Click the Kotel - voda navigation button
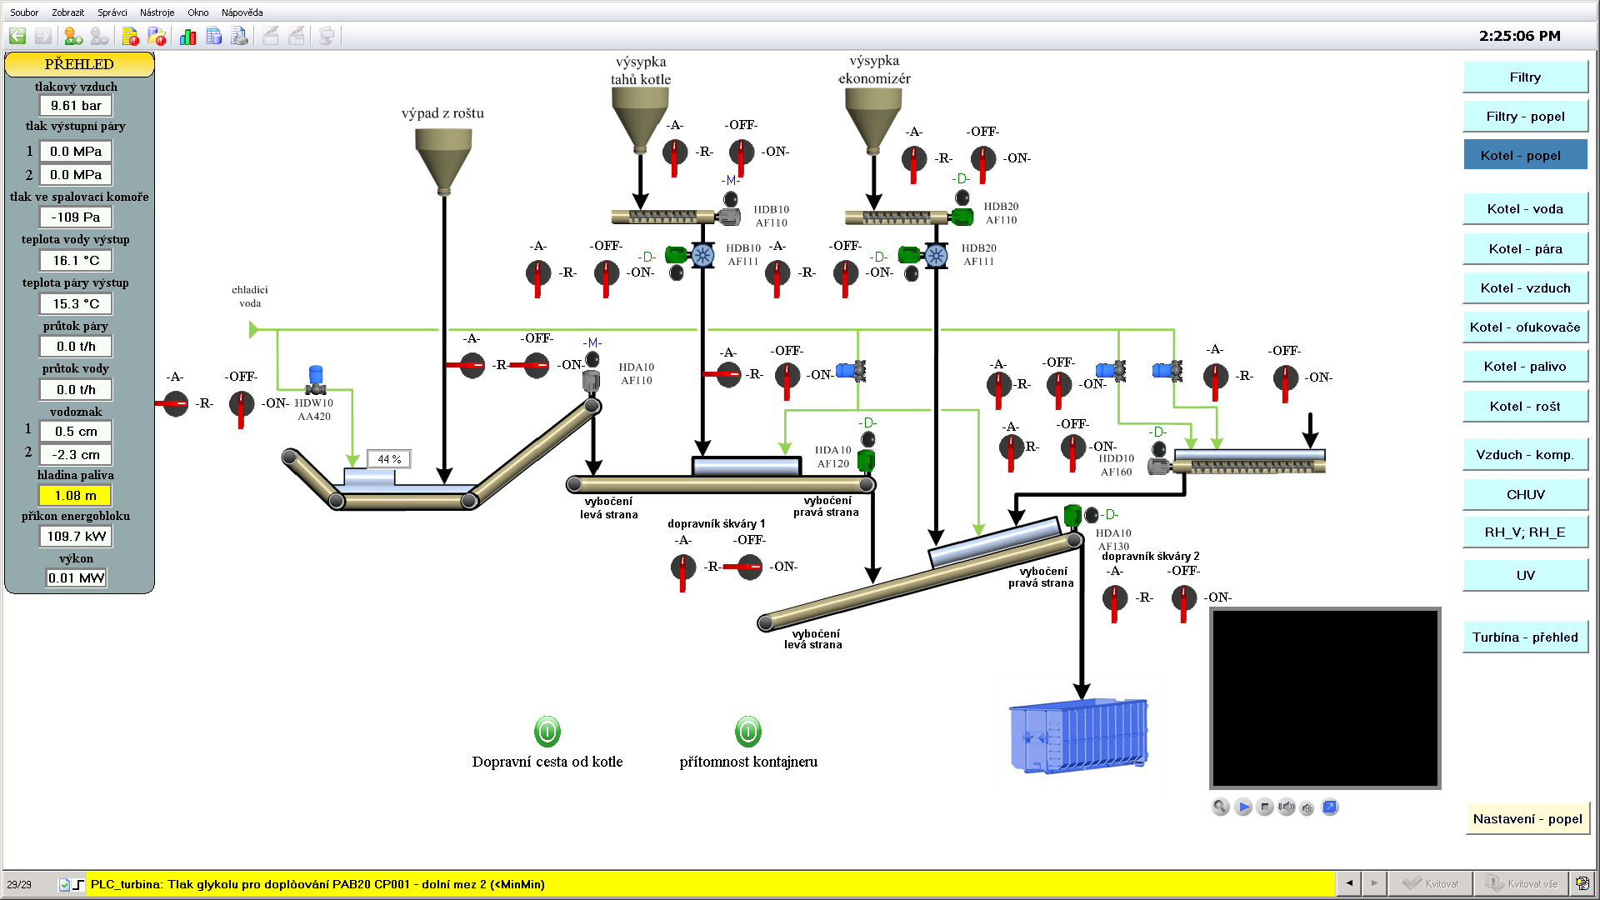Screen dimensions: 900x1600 point(1525,209)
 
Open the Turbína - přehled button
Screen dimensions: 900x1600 point(1525,637)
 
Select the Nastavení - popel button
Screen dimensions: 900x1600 point(1527,819)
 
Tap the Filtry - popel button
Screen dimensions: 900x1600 point(1525,117)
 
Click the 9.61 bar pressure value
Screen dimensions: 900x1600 point(76,106)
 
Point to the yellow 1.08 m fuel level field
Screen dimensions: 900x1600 point(76,496)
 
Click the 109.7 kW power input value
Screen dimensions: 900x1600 point(76,537)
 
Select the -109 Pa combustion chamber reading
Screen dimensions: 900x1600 point(76,217)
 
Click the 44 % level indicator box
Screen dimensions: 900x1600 point(389,459)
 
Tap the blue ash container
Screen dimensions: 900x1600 point(1079,736)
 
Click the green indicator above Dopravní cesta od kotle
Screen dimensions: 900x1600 point(547,732)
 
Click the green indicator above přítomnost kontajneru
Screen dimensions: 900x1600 point(748,732)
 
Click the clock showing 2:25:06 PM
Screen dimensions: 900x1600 point(1519,36)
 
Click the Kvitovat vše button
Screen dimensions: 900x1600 point(1522,884)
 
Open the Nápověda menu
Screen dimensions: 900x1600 point(242,12)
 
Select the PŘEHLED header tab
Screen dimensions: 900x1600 point(79,64)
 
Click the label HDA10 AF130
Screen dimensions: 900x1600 point(1113,539)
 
